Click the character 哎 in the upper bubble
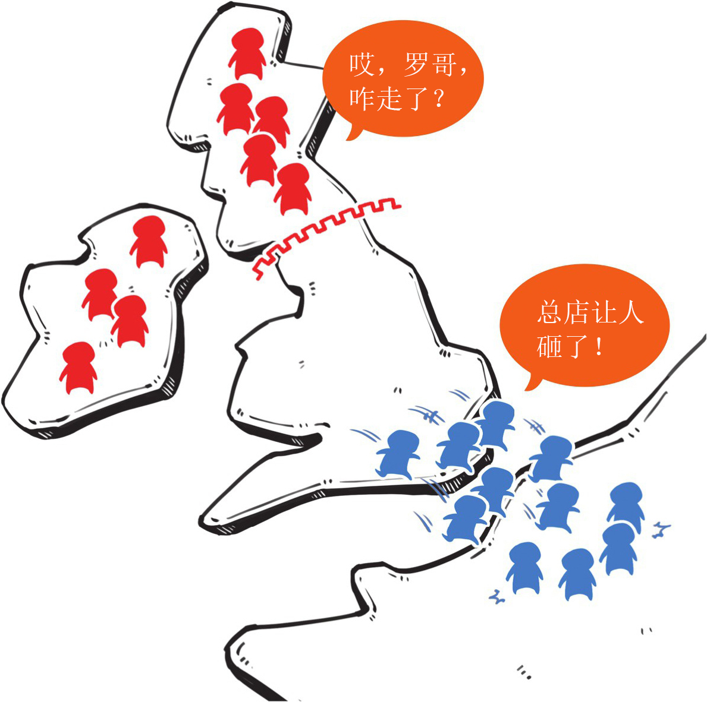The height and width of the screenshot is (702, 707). (x=362, y=64)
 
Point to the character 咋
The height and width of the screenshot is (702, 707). (x=362, y=99)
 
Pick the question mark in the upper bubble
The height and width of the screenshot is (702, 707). (x=438, y=99)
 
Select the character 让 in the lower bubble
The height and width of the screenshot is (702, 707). (x=604, y=312)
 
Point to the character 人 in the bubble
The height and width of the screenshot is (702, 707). (x=631, y=312)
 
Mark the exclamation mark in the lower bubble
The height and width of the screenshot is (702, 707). (x=598, y=346)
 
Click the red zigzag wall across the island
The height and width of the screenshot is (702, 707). (x=324, y=232)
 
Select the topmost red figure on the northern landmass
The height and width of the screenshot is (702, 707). (x=247, y=53)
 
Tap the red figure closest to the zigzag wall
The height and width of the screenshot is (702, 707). (x=293, y=189)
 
